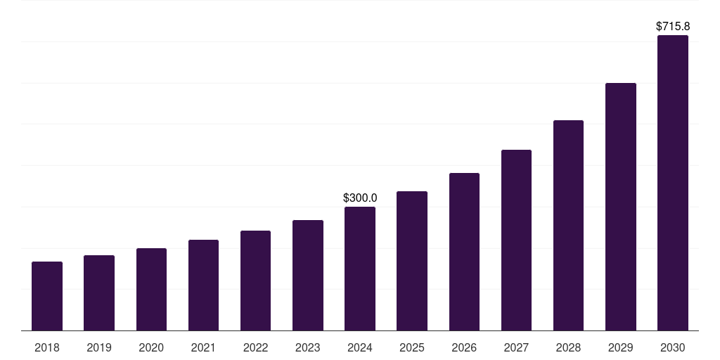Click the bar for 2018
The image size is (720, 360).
pos(47,296)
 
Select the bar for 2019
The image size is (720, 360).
pos(99,293)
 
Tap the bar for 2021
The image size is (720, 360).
pos(203,285)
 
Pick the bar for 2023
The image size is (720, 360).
pos(308,276)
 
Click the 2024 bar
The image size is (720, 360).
pos(360,269)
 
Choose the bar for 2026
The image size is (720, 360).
pos(464,252)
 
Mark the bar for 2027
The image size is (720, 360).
pos(516,240)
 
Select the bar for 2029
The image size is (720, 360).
pos(621,207)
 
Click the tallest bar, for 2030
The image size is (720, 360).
pos(673,183)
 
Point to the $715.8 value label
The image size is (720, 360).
pos(673,26)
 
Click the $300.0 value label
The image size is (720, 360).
pos(360,198)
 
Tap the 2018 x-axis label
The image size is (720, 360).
pos(47,347)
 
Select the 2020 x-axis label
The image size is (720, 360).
pos(151,347)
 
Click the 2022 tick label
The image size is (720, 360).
pos(255,347)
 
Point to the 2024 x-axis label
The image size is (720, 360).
pos(360,347)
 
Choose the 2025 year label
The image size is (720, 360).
pos(412,347)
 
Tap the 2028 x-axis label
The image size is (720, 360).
pos(568,347)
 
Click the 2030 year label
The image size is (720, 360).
pos(673,347)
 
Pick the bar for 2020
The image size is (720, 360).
pos(151,290)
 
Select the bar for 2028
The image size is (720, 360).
pos(568,226)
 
